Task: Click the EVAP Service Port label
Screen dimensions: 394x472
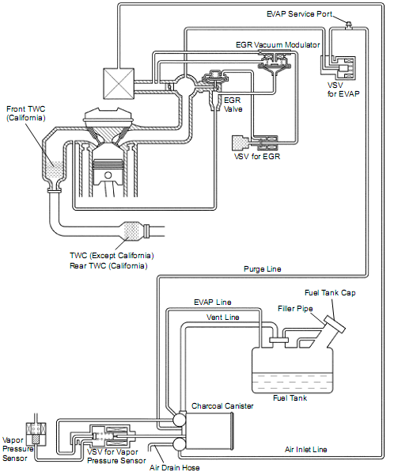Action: coord(299,13)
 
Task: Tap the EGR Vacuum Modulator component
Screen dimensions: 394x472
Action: coord(275,62)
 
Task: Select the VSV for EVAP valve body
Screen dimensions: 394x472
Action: coord(345,68)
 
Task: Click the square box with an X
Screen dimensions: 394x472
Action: coord(119,83)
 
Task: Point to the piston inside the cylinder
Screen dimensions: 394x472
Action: coord(108,173)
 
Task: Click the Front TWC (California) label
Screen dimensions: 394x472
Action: coord(26,113)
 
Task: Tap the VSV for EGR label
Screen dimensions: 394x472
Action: coord(257,157)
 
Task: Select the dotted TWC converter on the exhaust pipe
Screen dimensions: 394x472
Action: coord(131,231)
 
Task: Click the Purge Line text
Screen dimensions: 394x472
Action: coord(262,268)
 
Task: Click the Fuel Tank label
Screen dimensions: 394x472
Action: coord(290,398)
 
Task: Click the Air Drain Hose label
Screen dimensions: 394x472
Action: coord(174,467)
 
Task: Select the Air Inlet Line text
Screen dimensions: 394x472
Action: coord(306,449)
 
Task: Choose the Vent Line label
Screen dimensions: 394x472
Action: coord(223,318)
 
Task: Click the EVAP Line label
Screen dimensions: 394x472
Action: coord(213,302)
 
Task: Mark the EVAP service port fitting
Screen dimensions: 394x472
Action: coord(349,25)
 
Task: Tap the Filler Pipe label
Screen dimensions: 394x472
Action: coord(295,309)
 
